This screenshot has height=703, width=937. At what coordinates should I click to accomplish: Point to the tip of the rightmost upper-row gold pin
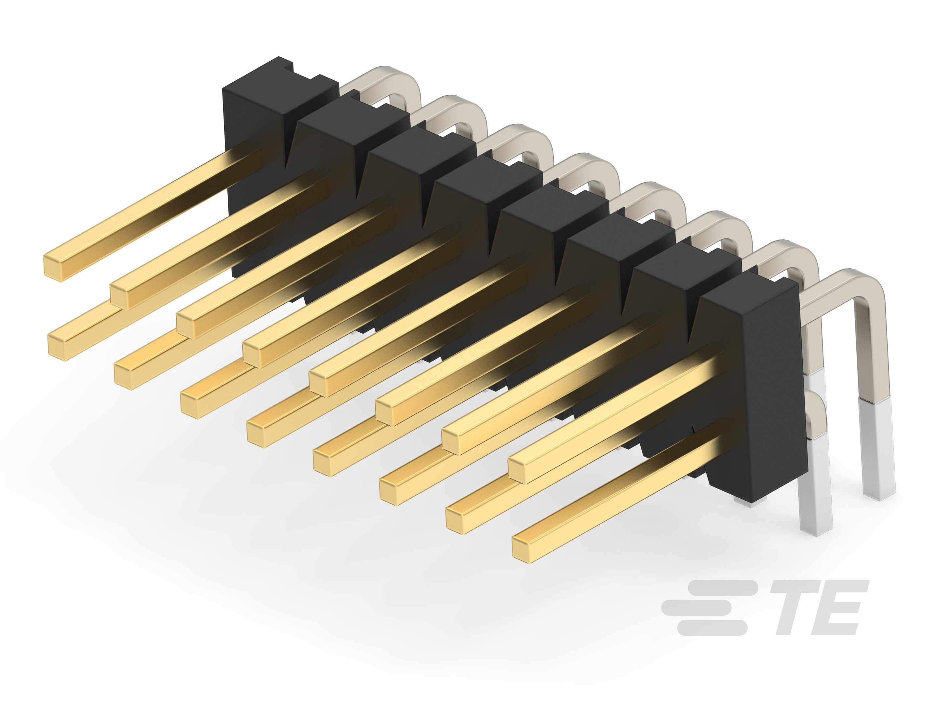pos(519,472)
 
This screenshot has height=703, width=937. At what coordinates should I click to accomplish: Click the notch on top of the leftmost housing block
pos(288,68)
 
